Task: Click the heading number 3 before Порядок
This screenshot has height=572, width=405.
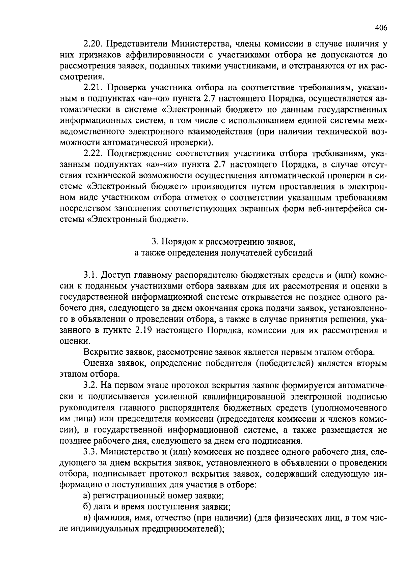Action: click(x=154, y=242)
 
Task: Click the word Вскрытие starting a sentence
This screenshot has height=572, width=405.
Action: click(x=99, y=352)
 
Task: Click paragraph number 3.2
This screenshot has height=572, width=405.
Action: click(x=90, y=385)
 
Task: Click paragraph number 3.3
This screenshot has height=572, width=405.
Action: click(x=90, y=451)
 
